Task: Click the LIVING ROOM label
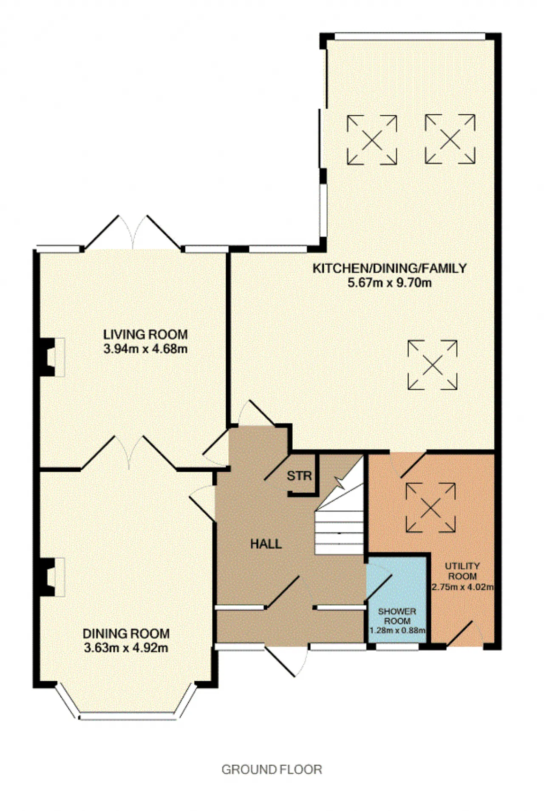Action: [x=145, y=334]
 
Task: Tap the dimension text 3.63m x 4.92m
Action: [x=126, y=648]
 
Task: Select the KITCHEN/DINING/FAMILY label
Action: [x=390, y=268]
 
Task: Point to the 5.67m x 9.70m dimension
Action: [x=390, y=282]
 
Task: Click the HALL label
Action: [x=266, y=544]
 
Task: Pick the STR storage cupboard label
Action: [x=299, y=476]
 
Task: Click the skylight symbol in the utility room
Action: [x=431, y=507]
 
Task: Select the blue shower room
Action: [x=397, y=599]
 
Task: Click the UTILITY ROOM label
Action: [x=462, y=571]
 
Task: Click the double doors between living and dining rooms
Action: [x=129, y=452]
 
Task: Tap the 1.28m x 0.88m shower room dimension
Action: [x=397, y=630]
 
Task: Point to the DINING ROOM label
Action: [x=126, y=634]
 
